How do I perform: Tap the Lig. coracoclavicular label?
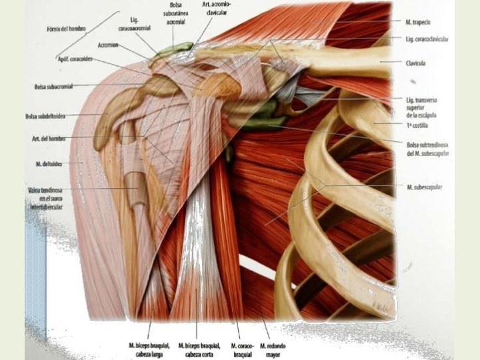tap(427, 39)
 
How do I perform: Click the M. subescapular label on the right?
tap(425, 187)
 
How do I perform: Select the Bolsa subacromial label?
tap(54, 86)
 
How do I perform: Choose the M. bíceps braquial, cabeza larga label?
tap(148, 349)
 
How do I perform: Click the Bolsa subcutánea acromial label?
tap(174, 13)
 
